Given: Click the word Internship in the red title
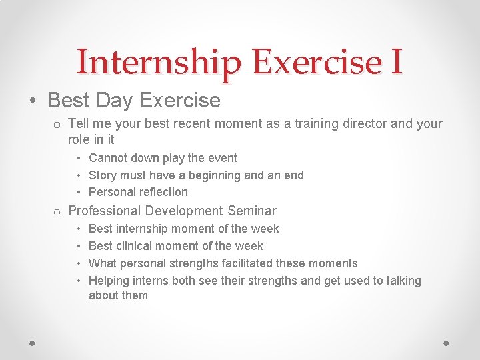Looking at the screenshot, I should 158,62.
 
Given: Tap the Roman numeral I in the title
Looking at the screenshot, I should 396,62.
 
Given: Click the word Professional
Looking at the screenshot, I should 105,211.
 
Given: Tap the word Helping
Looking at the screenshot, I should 109,281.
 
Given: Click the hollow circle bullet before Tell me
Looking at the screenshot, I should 58,125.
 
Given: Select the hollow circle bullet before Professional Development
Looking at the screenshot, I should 58,213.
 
